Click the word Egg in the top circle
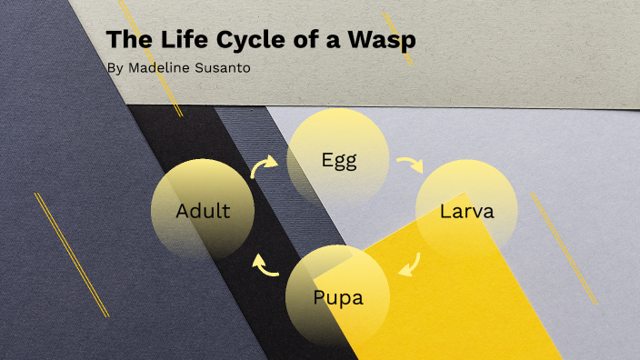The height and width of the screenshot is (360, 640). point(339,160)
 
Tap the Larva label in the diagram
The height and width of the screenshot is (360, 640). point(466,212)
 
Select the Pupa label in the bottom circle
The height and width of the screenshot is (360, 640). point(337,297)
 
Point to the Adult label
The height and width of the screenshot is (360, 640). point(203,212)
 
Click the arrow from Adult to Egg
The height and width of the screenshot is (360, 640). point(264,165)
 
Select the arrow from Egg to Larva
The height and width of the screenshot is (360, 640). point(410,165)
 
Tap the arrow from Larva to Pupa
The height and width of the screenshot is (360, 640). point(409,263)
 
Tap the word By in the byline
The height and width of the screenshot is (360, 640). point(113,67)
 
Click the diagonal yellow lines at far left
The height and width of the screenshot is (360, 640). point(72,255)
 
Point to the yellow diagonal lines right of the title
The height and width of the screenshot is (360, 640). point(398,37)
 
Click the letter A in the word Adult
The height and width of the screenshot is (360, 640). point(183,212)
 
